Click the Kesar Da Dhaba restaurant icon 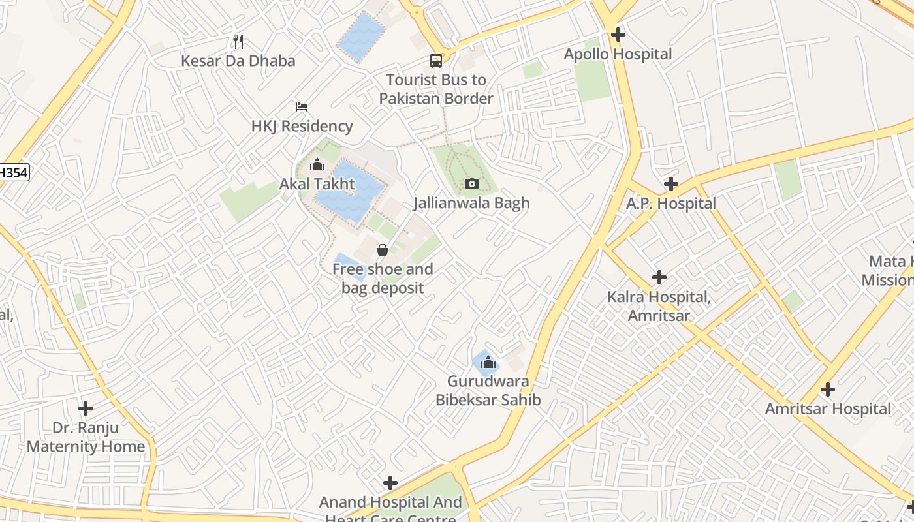[x=238, y=42]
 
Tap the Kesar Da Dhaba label [x=238, y=61]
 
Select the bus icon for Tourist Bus [x=436, y=61]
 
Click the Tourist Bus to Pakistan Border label [x=436, y=89]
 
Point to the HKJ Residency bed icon [x=301, y=106]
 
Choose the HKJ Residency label [x=302, y=126]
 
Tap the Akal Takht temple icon [x=317, y=164]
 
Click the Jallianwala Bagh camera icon [x=471, y=184]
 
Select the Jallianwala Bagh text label [x=471, y=203]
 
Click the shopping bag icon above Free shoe [x=383, y=250]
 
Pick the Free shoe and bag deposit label [x=383, y=279]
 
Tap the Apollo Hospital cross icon [x=618, y=35]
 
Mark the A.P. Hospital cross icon [x=670, y=184]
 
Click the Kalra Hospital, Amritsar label [x=659, y=306]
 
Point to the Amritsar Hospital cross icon [x=828, y=390]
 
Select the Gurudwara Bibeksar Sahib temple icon [x=488, y=362]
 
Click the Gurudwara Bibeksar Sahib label [x=488, y=390]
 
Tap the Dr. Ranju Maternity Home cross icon [x=86, y=408]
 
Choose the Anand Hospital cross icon [x=390, y=483]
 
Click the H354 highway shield [x=13, y=172]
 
